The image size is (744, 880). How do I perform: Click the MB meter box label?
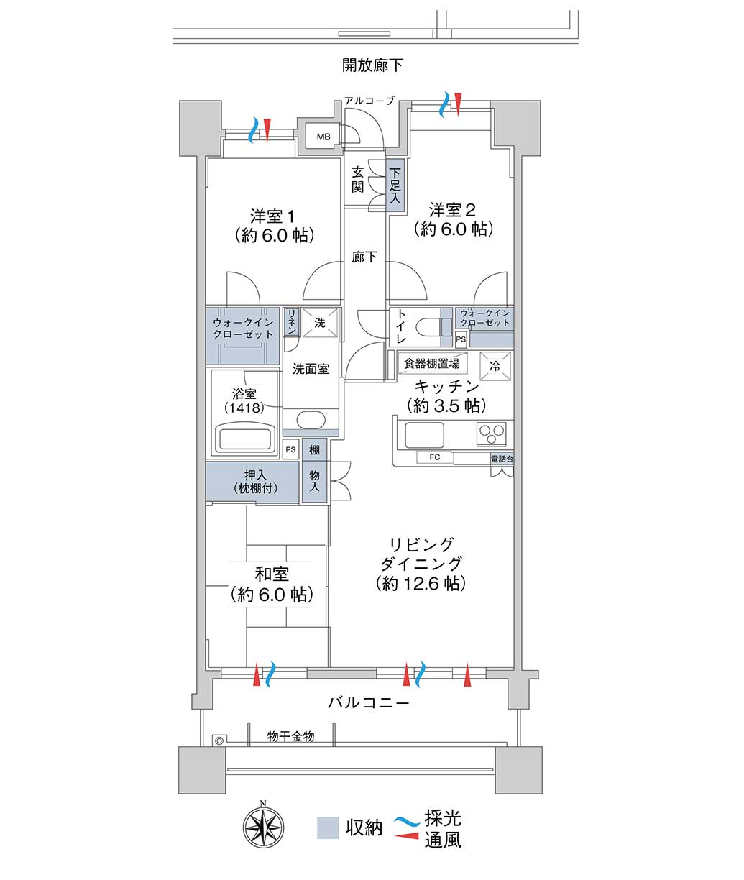[x=323, y=137]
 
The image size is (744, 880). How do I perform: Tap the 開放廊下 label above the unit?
[x=372, y=65]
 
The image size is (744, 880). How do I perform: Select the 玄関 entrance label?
[x=357, y=179]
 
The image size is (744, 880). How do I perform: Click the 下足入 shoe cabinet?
[x=395, y=185]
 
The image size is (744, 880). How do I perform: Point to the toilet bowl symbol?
[x=434, y=328]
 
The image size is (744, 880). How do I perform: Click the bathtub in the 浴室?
[x=244, y=438]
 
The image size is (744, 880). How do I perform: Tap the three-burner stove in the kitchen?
[x=492, y=434]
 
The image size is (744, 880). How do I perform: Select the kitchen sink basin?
[x=424, y=435]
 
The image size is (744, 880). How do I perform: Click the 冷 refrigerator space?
[x=495, y=366]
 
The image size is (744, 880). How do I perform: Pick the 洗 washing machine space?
[x=320, y=323]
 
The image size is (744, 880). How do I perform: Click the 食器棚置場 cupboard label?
[x=432, y=363]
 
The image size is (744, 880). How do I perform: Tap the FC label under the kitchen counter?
[x=435, y=457]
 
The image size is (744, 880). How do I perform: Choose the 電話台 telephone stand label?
[x=502, y=459]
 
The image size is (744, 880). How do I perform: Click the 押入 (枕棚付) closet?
[x=252, y=481]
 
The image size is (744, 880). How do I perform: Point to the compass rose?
[x=264, y=828]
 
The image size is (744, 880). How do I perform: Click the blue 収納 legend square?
[x=328, y=828]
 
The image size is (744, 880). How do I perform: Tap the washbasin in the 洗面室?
[x=311, y=420]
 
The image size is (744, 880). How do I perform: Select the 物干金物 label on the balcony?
[x=290, y=736]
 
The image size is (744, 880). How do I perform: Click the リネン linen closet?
[x=292, y=322]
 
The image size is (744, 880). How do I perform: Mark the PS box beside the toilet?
[x=461, y=339]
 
